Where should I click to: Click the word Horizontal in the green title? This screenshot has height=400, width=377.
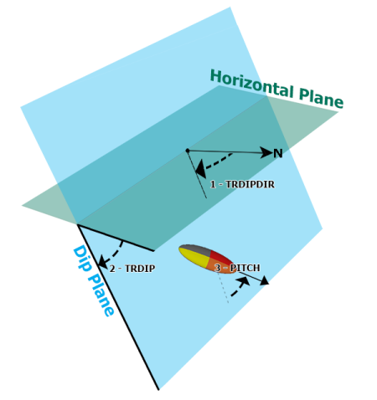(x=251, y=84)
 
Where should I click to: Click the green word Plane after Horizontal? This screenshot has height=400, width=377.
(x=321, y=98)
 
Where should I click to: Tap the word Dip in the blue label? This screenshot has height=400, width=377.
(x=81, y=259)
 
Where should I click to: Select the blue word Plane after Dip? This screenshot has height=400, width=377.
(x=101, y=295)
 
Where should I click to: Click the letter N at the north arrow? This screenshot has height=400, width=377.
(x=278, y=153)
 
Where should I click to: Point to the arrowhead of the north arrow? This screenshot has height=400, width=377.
(x=266, y=152)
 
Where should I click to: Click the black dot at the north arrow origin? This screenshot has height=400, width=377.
(x=188, y=151)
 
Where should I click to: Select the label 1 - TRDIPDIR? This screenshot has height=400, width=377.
(x=242, y=184)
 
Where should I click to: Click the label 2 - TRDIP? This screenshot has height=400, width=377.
(x=132, y=269)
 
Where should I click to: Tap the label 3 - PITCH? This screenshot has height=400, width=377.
(x=237, y=268)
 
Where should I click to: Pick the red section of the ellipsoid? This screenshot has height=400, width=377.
(x=220, y=256)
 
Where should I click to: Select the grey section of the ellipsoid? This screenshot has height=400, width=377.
(x=195, y=249)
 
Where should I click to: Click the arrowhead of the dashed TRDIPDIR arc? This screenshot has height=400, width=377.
(x=201, y=170)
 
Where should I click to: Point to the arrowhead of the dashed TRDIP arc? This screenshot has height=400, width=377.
(x=103, y=262)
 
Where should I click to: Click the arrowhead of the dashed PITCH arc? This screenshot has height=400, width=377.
(x=244, y=281)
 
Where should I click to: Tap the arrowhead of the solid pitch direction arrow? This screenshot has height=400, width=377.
(x=264, y=281)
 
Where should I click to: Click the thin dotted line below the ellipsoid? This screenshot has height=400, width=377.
(x=224, y=288)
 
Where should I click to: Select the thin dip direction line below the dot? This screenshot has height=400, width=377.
(x=197, y=175)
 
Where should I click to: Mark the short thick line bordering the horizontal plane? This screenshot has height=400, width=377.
(x=116, y=238)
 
